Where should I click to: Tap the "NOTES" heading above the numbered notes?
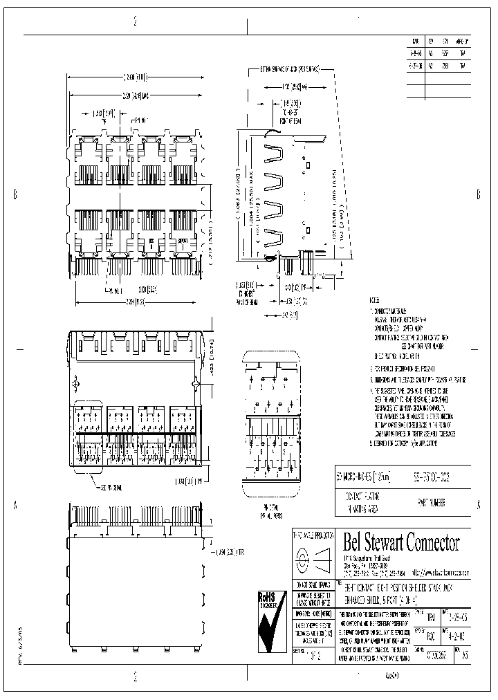pyautogui.click(x=373, y=302)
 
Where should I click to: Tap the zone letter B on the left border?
pyautogui.click(x=15, y=194)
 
